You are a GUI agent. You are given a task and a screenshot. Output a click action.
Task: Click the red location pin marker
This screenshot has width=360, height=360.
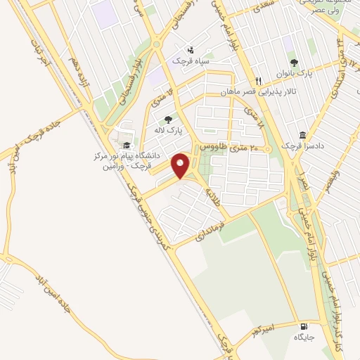point(182,166)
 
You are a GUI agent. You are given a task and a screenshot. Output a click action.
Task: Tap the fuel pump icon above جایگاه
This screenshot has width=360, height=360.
point(304,326)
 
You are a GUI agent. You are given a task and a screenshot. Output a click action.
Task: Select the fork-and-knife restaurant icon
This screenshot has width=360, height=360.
point(259,81)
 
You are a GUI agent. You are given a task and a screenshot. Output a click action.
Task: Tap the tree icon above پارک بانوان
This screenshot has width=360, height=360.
point(304,62)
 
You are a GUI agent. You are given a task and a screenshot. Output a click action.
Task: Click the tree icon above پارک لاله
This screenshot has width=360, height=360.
point(167,120)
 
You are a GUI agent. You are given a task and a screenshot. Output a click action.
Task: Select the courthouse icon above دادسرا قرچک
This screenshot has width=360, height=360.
point(302,134)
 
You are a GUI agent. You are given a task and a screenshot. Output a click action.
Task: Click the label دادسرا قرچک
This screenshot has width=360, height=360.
point(301,146)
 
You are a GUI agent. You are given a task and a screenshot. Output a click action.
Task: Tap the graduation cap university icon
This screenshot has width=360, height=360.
point(127,145)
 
